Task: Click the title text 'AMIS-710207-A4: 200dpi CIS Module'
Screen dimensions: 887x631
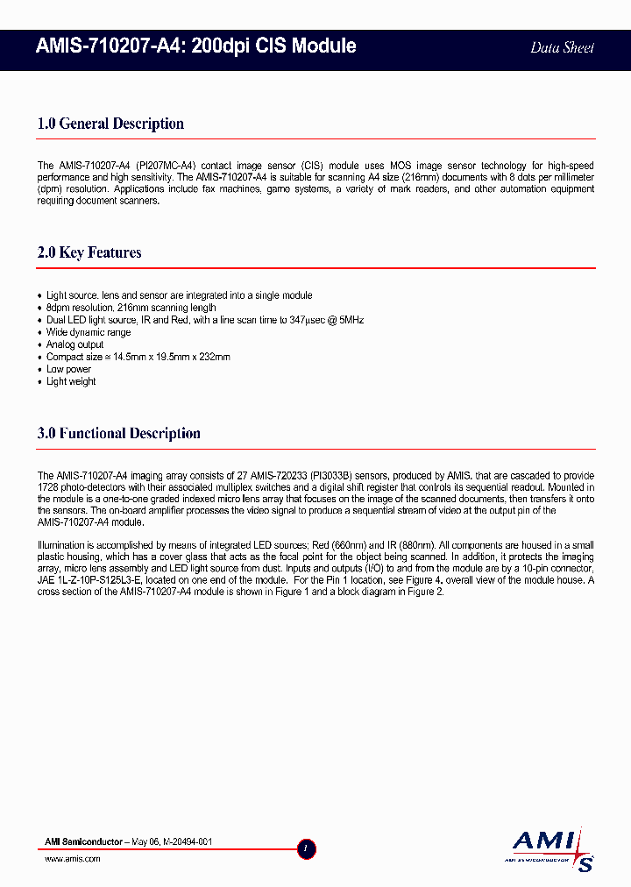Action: [x=196, y=46]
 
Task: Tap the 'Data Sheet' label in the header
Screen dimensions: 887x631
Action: [x=562, y=47]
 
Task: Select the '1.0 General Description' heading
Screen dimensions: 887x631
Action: [x=110, y=124]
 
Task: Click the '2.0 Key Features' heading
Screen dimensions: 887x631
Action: [x=89, y=252]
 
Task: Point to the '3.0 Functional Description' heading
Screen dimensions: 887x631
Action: [x=119, y=433]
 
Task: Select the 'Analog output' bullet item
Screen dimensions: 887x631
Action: [x=75, y=344]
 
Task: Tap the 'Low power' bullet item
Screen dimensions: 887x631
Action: [x=68, y=369]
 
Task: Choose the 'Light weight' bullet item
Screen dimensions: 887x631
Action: [x=71, y=381]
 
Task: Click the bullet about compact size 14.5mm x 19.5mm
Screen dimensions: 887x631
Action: [x=138, y=357]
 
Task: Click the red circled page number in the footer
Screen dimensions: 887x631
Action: [x=306, y=848]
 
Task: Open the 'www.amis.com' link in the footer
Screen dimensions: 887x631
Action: [x=72, y=859]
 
